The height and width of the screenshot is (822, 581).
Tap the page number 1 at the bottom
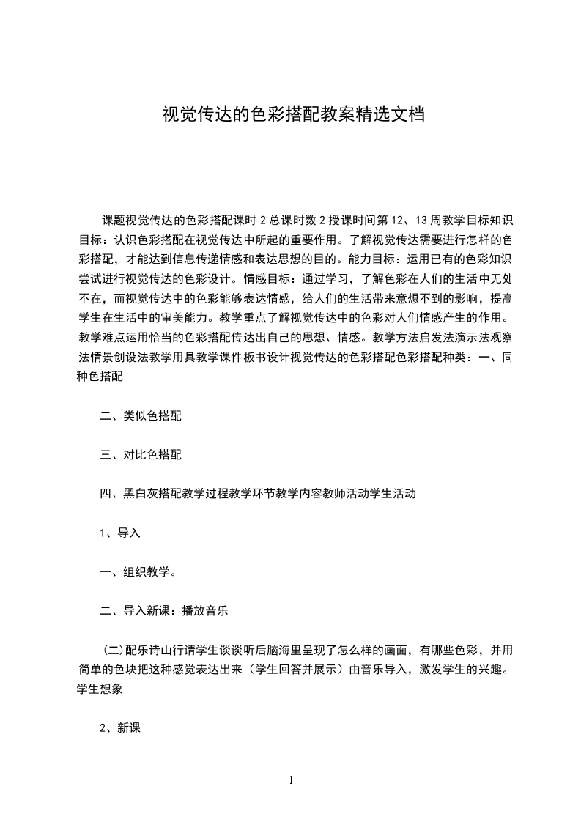[291, 780]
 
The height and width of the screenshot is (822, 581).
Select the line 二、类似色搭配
[141, 415]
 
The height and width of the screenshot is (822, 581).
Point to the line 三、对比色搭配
[141, 455]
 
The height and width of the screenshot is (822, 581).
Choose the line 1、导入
[119, 533]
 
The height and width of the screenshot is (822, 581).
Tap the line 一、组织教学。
[137, 573]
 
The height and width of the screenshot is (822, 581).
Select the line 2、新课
[119, 729]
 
